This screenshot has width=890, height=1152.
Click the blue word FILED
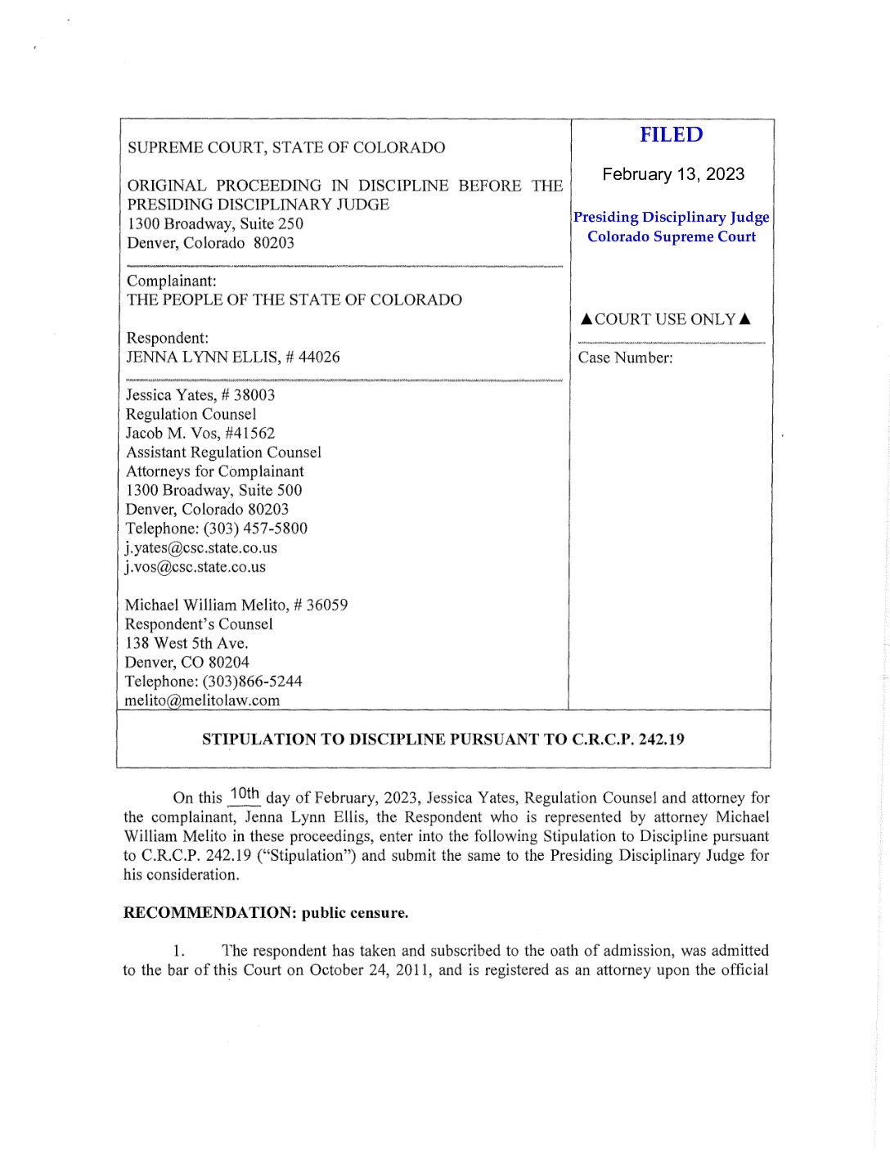pyautogui.click(x=671, y=135)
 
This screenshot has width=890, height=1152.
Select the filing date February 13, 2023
pyautogui.click(x=672, y=174)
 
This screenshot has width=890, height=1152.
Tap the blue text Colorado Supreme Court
pyautogui.click(x=671, y=236)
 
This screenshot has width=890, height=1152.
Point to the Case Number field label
pyautogui.click(x=625, y=358)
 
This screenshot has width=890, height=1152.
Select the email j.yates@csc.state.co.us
pyautogui.click(x=201, y=547)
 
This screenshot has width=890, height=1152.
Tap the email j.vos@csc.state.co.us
pyautogui.click(x=196, y=566)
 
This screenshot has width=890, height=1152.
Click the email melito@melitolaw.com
pyautogui.click(x=202, y=700)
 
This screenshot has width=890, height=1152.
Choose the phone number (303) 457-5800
pyautogui.click(x=255, y=529)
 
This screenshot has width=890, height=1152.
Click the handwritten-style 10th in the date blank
pyautogui.click(x=244, y=793)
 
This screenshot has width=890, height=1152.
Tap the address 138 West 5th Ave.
pyautogui.click(x=187, y=643)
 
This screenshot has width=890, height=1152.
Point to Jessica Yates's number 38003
pyautogui.click(x=254, y=394)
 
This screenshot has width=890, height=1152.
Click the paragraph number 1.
pyautogui.click(x=178, y=951)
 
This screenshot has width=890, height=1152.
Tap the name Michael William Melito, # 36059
pyautogui.click(x=236, y=605)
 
